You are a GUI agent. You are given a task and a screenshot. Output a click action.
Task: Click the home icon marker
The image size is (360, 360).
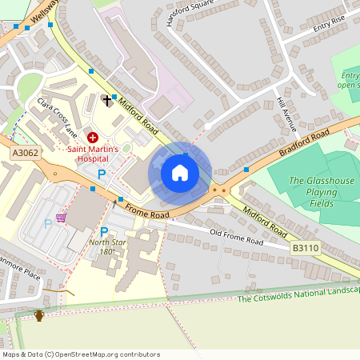(180, 173)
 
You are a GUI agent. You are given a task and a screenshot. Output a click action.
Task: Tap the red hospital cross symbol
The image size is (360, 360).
(93, 138)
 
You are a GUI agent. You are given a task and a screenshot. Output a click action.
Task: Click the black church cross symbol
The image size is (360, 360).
(107, 100)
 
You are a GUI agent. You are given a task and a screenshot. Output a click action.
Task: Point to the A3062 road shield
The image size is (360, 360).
(24, 152)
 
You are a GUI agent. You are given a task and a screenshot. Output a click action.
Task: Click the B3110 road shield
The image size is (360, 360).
(304, 250)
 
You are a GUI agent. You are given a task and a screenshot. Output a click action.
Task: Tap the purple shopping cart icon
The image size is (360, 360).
(61, 218)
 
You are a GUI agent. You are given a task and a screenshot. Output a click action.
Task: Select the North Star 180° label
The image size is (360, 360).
(102, 246)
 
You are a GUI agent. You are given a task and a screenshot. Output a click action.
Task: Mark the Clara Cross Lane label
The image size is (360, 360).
(57, 115)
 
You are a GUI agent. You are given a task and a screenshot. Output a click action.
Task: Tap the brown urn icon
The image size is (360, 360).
(39, 315)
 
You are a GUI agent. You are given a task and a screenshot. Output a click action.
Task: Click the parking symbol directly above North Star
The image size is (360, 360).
(103, 231)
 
